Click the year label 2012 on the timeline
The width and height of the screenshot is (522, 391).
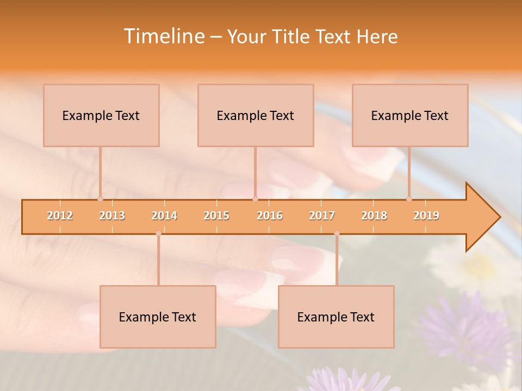[x=60, y=216]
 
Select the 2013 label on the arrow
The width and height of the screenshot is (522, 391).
[x=112, y=216]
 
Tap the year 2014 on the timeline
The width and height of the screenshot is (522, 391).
[x=164, y=216]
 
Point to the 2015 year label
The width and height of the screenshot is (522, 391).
[x=216, y=216]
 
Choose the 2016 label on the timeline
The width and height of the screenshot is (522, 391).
[x=270, y=216]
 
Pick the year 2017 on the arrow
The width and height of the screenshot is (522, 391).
[x=322, y=216]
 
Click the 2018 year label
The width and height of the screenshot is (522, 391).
[x=374, y=216]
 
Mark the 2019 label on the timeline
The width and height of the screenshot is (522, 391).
[x=426, y=216]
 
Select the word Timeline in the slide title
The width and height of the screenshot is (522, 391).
[x=163, y=36]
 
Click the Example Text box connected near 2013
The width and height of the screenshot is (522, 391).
[x=101, y=115]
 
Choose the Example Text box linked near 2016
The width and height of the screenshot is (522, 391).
[x=256, y=115]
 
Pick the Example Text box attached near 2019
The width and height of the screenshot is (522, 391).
[x=410, y=115]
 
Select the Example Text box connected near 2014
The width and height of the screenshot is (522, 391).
[x=158, y=317]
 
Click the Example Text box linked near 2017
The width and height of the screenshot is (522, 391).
[x=336, y=317]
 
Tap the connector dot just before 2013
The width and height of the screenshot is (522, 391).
[x=100, y=199]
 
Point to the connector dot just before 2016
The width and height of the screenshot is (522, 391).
[x=255, y=199]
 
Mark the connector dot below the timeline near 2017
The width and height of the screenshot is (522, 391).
[x=337, y=234]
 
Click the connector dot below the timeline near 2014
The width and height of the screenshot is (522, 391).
[x=158, y=234]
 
